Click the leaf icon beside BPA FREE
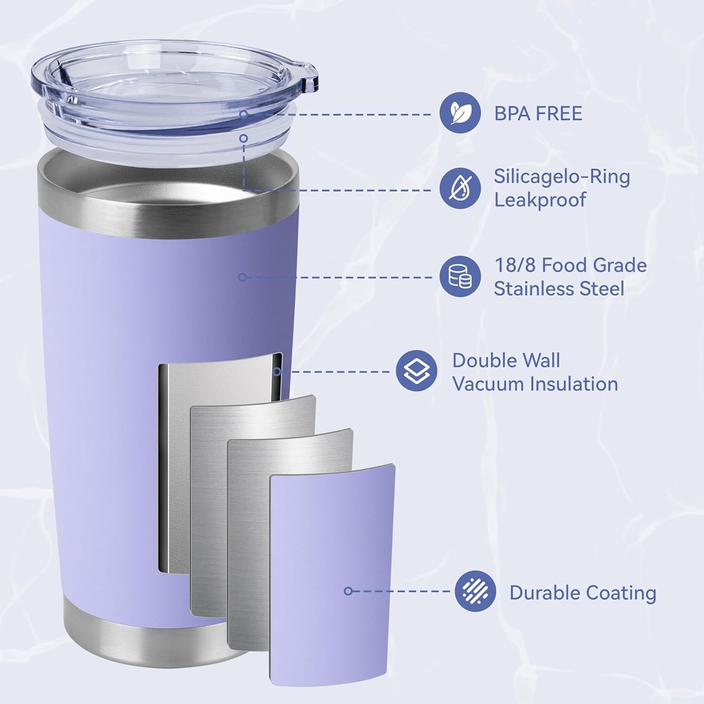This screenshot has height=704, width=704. (460, 113)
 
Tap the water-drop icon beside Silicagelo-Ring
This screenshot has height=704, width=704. (460, 189)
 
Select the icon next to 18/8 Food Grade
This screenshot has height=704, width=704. (460, 276)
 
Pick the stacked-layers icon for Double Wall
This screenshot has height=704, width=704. (417, 371)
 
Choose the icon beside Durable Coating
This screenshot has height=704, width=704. (475, 591)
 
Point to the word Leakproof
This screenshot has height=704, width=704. (540, 200)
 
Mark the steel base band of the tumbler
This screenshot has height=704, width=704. (146, 633)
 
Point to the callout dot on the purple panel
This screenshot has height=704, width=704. (348, 591)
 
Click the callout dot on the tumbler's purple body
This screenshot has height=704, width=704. (242, 277)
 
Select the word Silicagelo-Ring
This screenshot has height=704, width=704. (562, 176)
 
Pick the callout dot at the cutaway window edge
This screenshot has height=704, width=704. (277, 372)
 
